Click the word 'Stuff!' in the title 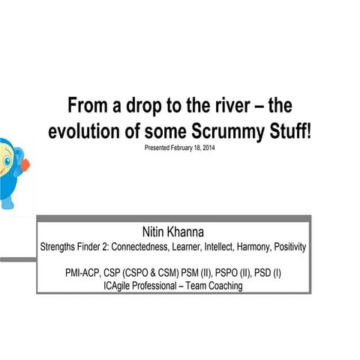(x=289, y=131)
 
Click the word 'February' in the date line (x=177, y=148)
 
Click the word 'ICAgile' (x=121, y=285)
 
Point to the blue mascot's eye (x=4, y=160)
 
